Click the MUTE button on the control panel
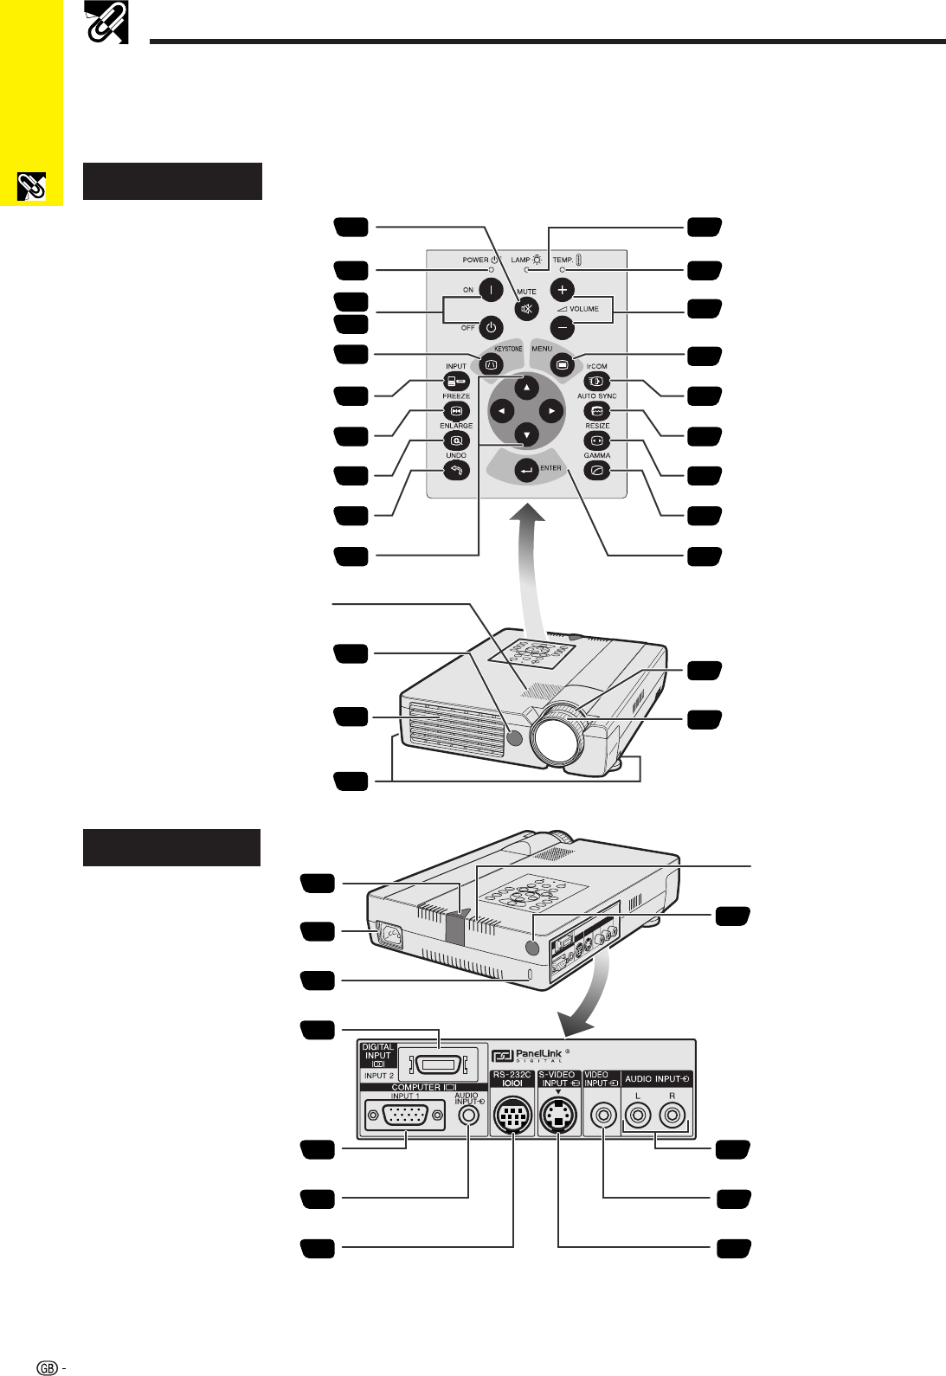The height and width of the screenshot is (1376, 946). [526, 308]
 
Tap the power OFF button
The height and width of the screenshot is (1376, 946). [491, 328]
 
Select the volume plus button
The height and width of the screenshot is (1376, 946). [562, 289]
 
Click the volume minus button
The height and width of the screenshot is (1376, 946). [562, 327]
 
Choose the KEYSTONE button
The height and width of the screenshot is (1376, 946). [491, 364]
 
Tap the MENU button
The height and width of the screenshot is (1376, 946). [562, 364]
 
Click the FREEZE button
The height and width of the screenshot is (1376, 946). [456, 411]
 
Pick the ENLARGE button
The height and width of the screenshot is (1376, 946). [456, 440]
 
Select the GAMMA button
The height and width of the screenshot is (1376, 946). [597, 471]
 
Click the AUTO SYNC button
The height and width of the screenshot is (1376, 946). [597, 411]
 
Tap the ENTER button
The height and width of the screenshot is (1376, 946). [526, 471]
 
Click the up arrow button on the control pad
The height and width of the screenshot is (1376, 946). [526, 388]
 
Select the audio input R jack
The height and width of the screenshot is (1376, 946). [672, 1115]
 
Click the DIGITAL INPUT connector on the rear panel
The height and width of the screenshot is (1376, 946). [439, 1063]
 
